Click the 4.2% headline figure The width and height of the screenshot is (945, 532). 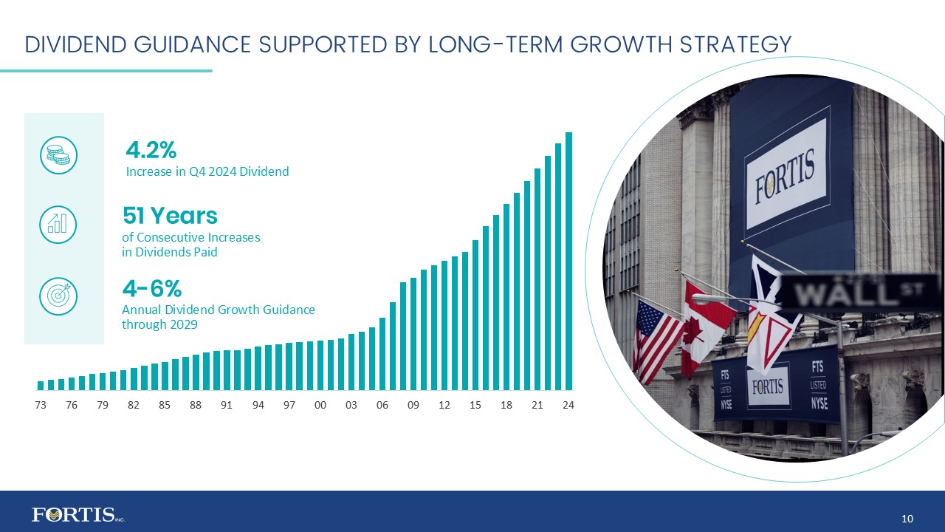151,150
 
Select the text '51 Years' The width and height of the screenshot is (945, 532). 170,216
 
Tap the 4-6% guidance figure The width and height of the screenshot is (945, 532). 151,287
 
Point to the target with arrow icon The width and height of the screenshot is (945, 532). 58,294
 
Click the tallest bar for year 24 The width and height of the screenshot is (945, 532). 569,260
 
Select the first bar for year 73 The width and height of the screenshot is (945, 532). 41,385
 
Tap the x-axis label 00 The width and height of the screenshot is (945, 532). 320,405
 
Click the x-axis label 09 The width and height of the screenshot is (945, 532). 413,405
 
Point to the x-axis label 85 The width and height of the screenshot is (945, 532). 165,405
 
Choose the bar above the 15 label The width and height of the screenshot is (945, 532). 476,314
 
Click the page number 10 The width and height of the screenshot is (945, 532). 907,516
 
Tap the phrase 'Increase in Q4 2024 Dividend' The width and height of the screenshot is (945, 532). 207,171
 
